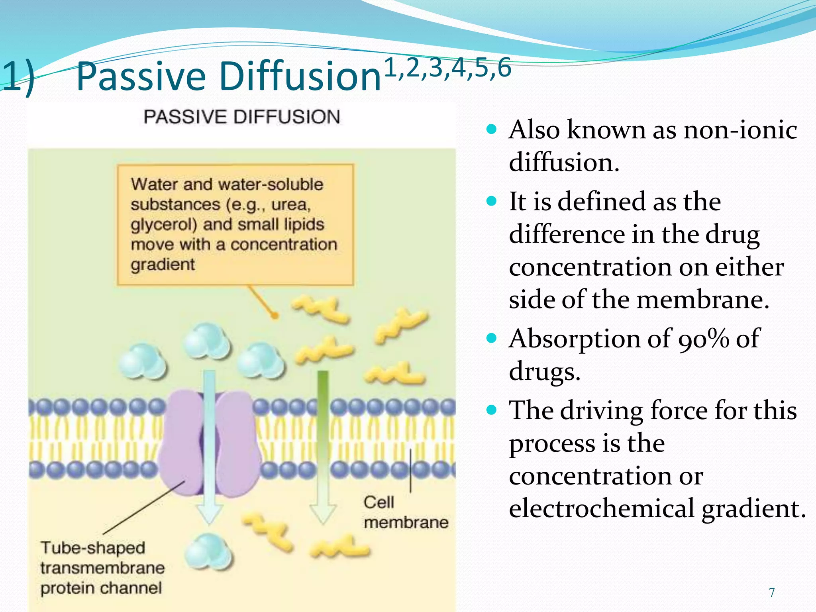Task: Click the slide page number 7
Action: click(x=772, y=592)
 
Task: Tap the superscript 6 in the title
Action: click(x=504, y=68)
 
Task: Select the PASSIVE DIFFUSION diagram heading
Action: click(x=241, y=117)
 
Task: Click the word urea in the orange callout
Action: click(x=290, y=205)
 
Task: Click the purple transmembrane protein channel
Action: click(x=235, y=442)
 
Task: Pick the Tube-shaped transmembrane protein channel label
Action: click(x=102, y=568)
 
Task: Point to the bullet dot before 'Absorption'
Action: click(x=492, y=339)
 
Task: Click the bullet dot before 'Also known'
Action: click(x=492, y=129)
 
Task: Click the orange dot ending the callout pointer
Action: click(x=275, y=316)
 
